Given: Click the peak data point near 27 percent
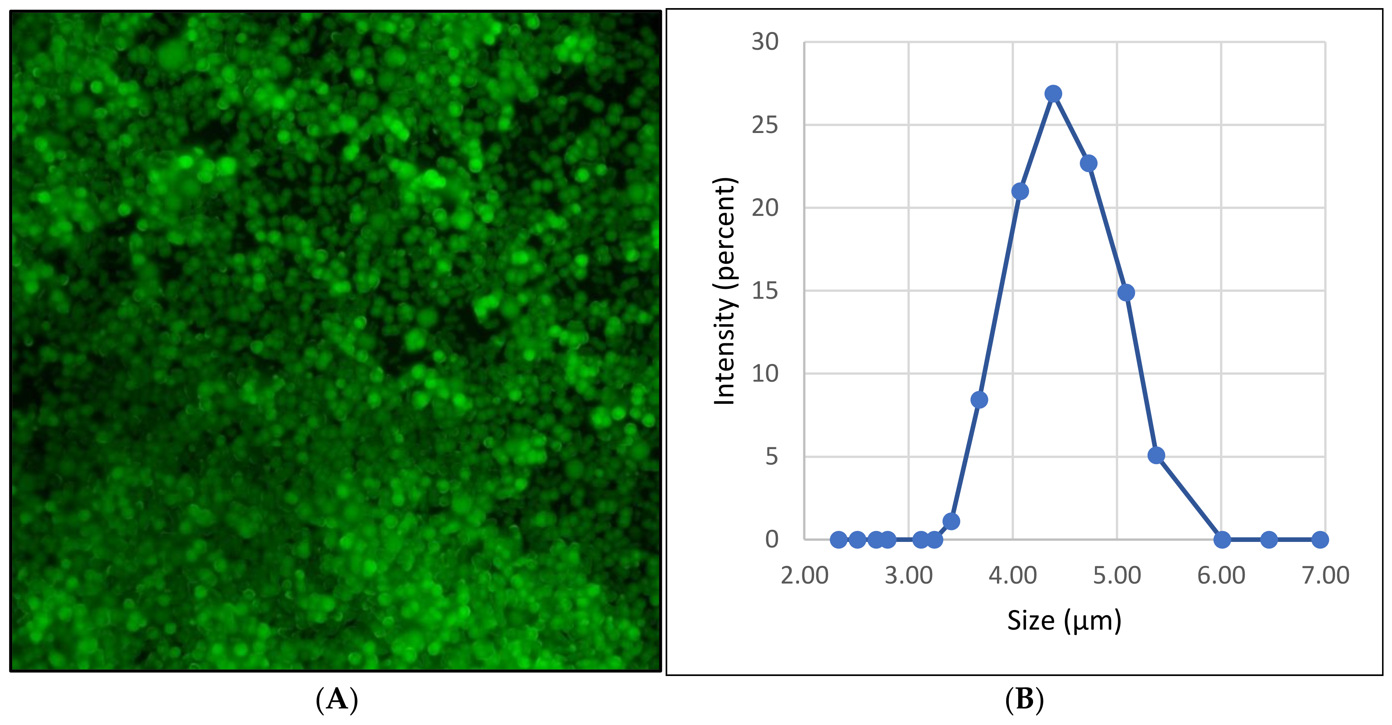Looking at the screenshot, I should tap(1053, 94).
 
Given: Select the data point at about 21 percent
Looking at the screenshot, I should tap(1020, 192).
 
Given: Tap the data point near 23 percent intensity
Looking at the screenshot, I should tap(1088, 163).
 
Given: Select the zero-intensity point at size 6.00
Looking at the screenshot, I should tap(1222, 540).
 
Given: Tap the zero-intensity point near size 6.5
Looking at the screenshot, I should tap(1269, 540).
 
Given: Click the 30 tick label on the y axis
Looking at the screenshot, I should tap(765, 42).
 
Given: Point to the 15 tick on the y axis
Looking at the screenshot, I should tap(765, 291).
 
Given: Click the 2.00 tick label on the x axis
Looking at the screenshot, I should tap(804, 575).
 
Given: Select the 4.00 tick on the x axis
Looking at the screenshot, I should tap(1013, 575).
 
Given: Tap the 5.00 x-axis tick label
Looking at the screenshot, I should tap(1117, 575).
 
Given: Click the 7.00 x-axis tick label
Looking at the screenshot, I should tap(1325, 575).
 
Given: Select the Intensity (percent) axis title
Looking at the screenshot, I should tap(725, 291).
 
